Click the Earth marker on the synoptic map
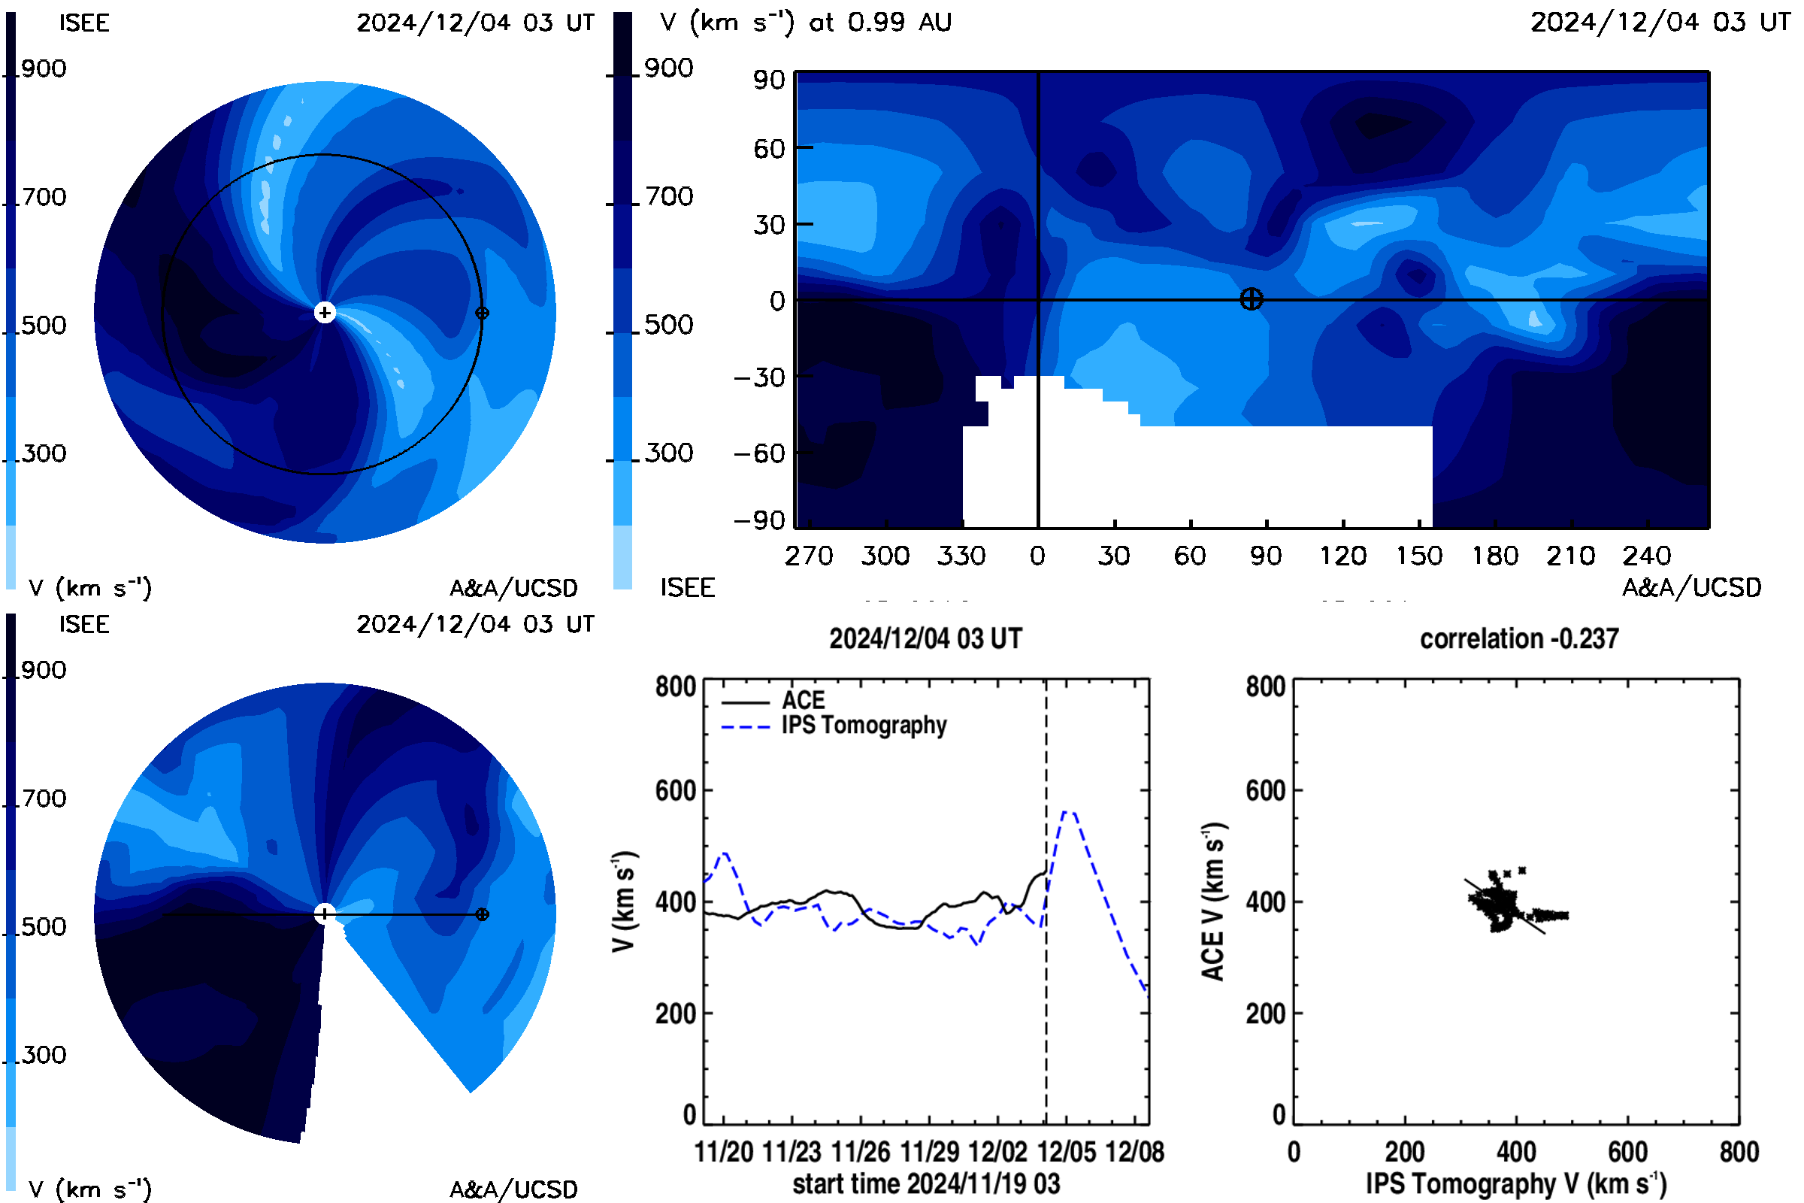click(x=1251, y=299)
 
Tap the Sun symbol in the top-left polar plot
click(x=325, y=312)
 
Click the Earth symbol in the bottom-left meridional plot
click(x=482, y=914)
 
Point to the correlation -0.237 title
click(x=1518, y=638)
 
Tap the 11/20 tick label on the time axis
click(x=723, y=1152)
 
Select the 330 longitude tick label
click(x=961, y=555)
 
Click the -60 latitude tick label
click(x=759, y=453)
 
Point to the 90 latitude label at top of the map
click(x=768, y=80)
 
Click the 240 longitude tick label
click(x=1646, y=555)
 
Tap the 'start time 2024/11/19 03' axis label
click(x=926, y=1183)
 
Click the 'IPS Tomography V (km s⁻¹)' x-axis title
click(x=1515, y=1183)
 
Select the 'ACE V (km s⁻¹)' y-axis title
click(x=1212, y=902)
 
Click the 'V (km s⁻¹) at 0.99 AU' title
click(x=805, y=23)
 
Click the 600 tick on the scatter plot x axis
click(x=1627, y=1152)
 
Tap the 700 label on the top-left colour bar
click(x=44, y=197)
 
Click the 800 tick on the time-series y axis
click(x=675, y=686)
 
